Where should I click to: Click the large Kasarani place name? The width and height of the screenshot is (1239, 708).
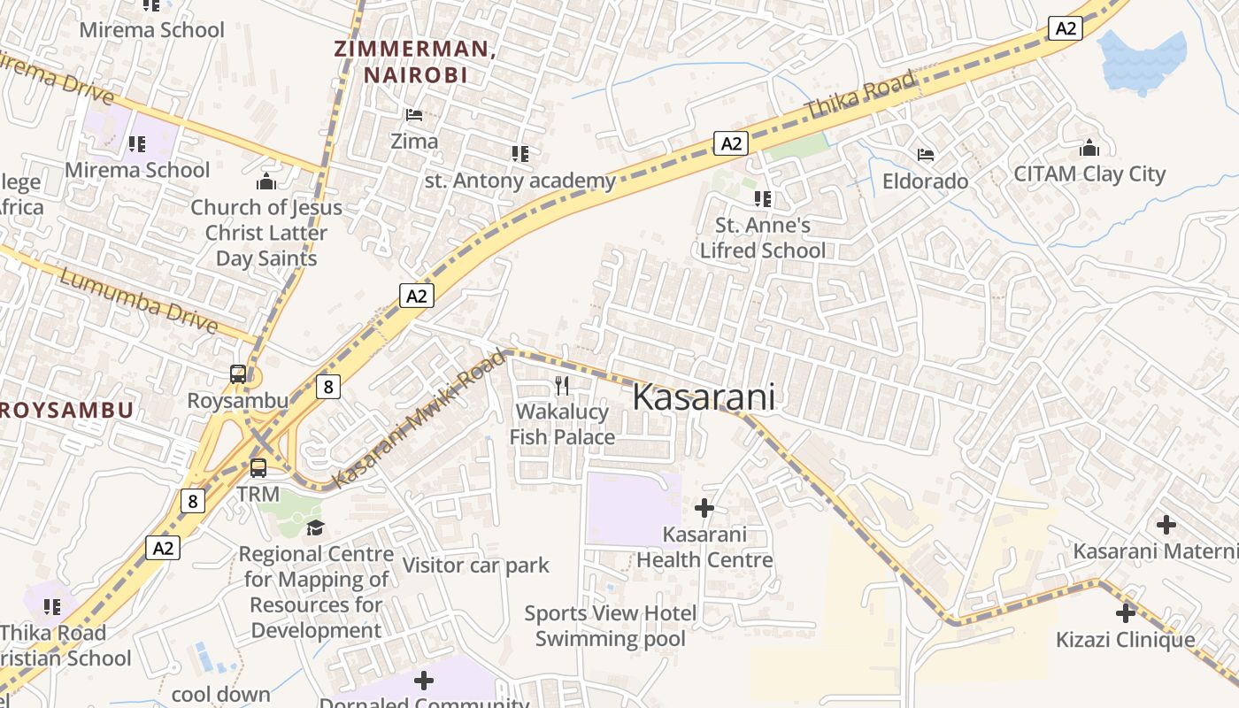pos(704,397)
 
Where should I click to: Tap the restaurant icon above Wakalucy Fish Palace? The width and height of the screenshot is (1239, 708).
pos(562,385)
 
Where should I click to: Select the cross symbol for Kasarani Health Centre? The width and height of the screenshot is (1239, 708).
pos(704,508)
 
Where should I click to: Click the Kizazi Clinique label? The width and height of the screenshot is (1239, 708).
pos(1125,639)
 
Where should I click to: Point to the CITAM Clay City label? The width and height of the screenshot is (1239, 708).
pos(1089,173)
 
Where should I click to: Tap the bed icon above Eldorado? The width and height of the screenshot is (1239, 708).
pos(926,155)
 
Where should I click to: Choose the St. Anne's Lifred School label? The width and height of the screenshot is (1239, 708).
pos(762,237)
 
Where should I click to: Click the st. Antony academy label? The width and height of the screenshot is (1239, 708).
pos(519,181)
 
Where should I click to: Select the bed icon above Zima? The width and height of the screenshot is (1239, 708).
pos(413,115)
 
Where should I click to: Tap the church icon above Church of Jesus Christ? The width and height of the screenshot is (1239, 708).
pos(266,182)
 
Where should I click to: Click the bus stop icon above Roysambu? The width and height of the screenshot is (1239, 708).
pos(238,373)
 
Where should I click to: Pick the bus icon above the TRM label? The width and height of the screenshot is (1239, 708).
pos(258,467)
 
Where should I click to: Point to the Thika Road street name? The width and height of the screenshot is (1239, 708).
pos(859,96)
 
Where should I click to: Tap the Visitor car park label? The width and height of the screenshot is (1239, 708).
pos(475,565)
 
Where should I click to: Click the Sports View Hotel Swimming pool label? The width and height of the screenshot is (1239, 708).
pos(610,626)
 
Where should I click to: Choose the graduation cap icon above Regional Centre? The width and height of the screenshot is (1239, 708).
pos(316,528)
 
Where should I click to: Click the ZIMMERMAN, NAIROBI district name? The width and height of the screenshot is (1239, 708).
pos(415,61)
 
